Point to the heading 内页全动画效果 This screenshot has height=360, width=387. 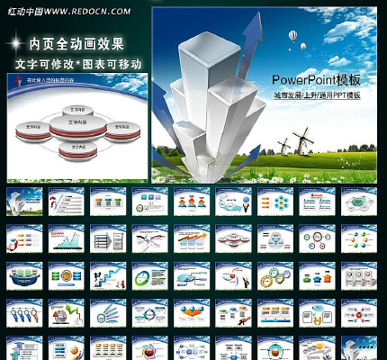coord(76,43)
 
